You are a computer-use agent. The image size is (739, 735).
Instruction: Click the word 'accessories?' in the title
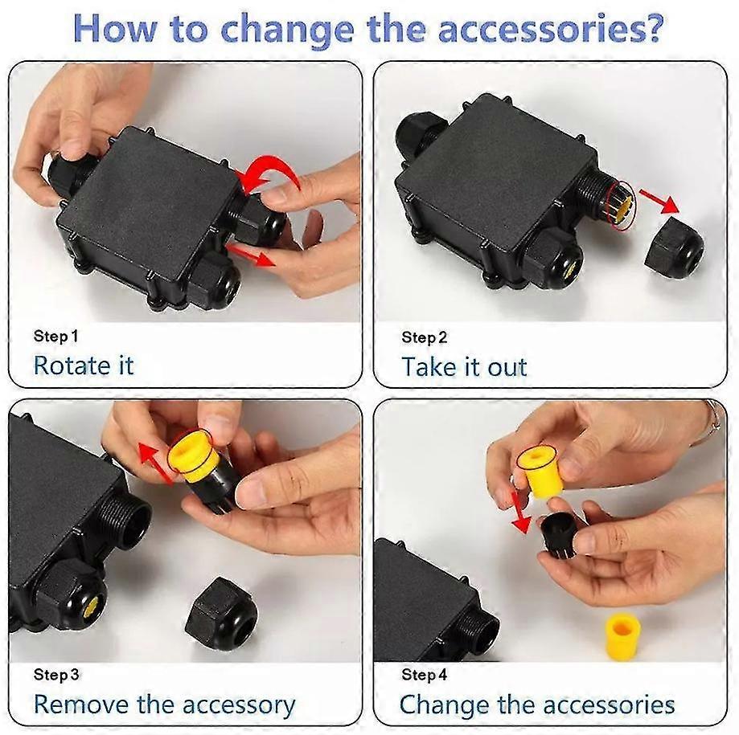coord(551,29)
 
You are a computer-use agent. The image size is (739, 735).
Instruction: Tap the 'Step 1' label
coord(55,337)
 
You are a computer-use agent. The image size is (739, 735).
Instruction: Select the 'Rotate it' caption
coord(84,365)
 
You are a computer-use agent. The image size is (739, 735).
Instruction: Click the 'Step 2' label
coord(424,337)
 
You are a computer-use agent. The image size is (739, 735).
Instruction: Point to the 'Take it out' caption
coord(464,367)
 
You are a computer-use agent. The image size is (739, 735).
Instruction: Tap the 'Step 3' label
coord(56,675)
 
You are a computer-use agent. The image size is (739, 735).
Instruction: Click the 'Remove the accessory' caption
coord(165,705)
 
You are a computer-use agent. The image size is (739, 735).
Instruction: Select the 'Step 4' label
coord(424,675)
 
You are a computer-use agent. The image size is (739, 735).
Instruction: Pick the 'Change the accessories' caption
coord(537,704)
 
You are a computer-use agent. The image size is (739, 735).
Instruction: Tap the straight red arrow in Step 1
coord(251,255)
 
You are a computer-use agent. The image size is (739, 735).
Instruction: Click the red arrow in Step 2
coord(660,201)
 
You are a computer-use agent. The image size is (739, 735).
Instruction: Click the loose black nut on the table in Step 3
coord(221,614)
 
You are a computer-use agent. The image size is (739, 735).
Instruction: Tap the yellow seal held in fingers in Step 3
coord(193,455)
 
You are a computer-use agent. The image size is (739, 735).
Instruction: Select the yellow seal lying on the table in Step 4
coord(622,633)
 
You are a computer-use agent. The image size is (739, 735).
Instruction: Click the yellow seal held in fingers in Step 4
coord(539,472)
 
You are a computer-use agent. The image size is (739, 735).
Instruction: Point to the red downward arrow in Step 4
coord(519,512)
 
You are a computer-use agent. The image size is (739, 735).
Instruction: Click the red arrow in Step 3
coord(154,463)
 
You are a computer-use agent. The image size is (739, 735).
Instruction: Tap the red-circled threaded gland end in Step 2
coord(620,206)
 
